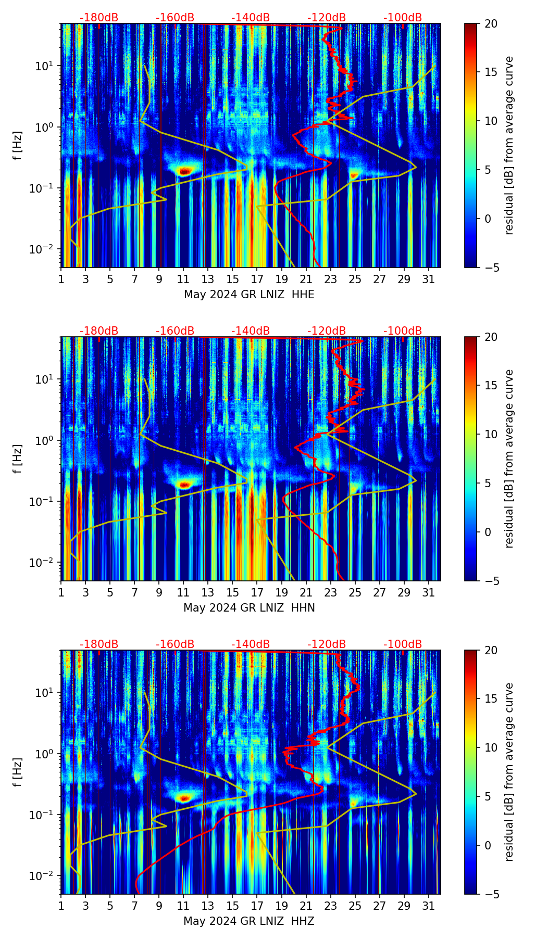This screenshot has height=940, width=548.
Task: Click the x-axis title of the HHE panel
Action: coord(249,295)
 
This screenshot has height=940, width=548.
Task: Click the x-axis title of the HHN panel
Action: coord(249,608)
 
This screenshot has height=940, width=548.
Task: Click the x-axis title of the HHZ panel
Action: coord(249,921)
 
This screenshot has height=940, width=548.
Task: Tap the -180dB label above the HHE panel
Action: coord(99,18)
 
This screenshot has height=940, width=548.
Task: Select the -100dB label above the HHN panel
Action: coord(403,331)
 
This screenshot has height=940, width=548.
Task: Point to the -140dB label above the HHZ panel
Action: coord(251,644)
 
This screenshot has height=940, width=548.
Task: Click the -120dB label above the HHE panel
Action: coord(327,18)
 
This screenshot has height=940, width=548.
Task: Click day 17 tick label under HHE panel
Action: coord(257,279)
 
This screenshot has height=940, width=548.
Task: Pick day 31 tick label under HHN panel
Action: coord(429,592)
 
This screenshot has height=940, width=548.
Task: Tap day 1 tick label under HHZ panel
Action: coord(61,906)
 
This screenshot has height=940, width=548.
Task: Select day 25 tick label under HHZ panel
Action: coord(355,906)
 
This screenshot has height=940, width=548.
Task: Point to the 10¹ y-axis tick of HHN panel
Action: coord(48,379)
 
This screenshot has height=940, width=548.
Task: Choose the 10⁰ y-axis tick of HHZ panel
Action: coord(48,754)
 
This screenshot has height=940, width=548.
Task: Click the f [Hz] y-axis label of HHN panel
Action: coord(18,459)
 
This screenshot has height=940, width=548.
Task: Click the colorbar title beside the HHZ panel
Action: coord(509,772)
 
